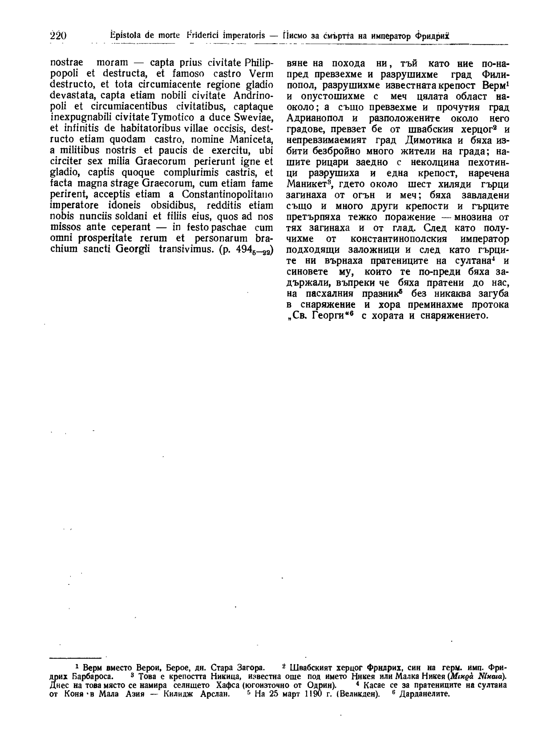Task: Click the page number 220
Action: tap(58, 36)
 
